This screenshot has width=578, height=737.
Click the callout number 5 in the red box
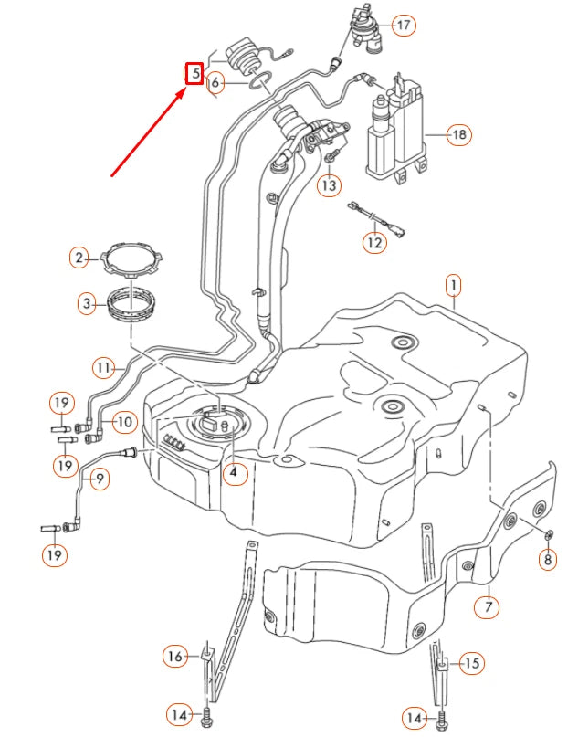pyautogui.click(x=194, y=72)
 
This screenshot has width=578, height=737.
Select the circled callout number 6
pyautogui.click(x=215, y=84)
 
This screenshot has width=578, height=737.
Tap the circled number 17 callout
pyautogui.click(x=404, y=25)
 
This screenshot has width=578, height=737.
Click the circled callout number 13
pyautogui.click(x=329, y=185)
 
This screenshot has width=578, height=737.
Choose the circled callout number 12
pyautogui.click(x=375, y=242)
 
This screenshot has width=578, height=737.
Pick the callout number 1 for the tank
pyautogui.click(x=452, y=286)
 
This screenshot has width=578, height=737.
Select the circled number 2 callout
pyautogui.click(x=80, y=258)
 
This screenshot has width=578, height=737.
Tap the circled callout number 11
pyautogui.click(x=105, y=368)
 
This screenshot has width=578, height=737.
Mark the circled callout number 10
pyautogui.click(x=122, y=422)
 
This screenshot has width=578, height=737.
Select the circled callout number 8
pyautogui.click(x=548, y=559)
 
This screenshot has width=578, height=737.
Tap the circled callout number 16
pyautogui.click(x=175, y=655)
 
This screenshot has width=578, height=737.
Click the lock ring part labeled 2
pyautogui.click(x=130, y=259)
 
